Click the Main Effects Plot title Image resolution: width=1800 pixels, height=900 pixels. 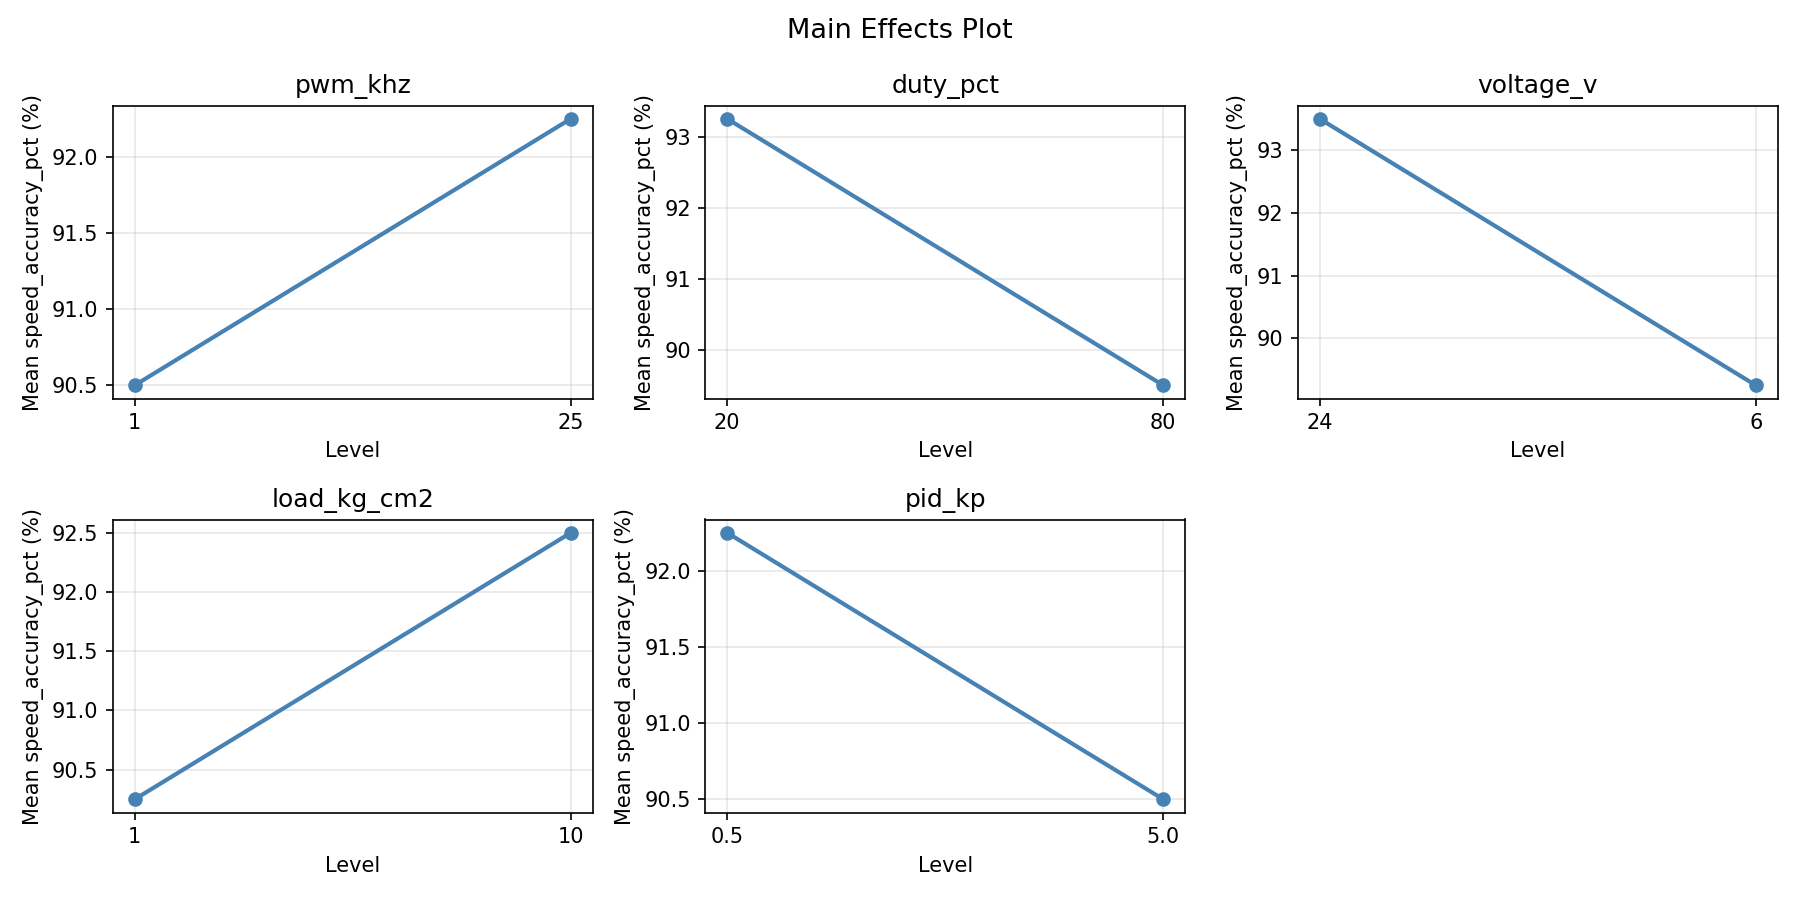(x=899, y=29)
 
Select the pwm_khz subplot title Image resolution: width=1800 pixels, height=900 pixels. (x=352, y=85)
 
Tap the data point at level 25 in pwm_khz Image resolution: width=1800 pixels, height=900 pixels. (x=571, y=119)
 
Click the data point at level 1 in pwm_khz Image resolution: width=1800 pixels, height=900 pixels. (x=135, y=385)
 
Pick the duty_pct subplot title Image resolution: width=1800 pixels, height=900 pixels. (x=945, y=85)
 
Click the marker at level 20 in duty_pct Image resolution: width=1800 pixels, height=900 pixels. (x=727, y=119)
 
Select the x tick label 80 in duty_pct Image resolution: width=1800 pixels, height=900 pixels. (x=1162, y=421)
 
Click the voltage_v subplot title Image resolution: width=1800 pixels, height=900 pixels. (x=1537, y=85)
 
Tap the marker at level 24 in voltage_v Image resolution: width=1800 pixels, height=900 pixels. (x=1320, y=119)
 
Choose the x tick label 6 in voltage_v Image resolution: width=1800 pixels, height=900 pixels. (x=1756, y=421)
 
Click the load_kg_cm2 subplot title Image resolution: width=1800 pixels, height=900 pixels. (x=352, y=499)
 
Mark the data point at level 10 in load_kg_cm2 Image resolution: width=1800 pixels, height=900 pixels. (x=571, y=533)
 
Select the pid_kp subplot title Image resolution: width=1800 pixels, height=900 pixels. (x=945, y=499)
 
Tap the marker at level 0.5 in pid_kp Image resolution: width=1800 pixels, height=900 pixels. (x=727, y=533)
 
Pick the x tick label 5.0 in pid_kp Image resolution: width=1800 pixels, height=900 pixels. (x=1162, y=835)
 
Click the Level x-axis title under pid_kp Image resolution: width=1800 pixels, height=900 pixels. (x=945, y=864)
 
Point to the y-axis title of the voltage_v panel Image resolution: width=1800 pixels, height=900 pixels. (x=1236, y=252)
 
